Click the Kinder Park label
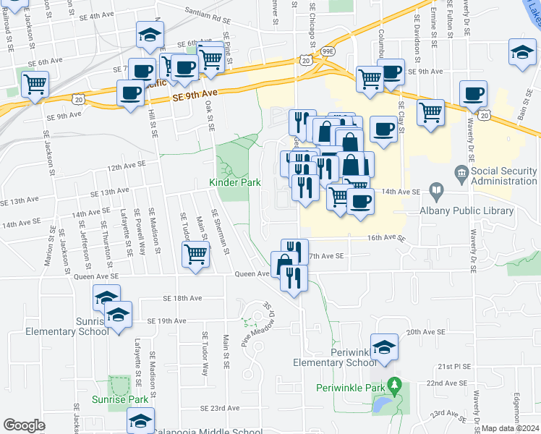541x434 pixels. tap(235, 183)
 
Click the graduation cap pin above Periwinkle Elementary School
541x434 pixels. tap(385, 346)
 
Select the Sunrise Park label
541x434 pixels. tap(120, 399)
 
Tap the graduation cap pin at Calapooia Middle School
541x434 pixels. tap(140, 420)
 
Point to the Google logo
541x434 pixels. tap(25, 425)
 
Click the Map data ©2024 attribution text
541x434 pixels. tap(511, 428)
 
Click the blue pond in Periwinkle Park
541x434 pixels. tap(383, 403)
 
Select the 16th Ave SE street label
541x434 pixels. tap(384, 237)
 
